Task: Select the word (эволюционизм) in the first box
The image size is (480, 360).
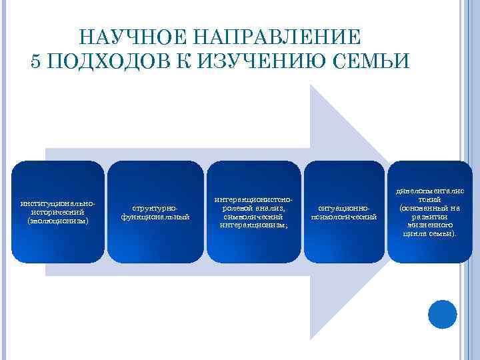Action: tap(58, 220)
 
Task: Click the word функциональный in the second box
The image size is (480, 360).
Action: tap(155, 217)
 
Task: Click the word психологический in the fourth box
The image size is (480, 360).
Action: tap(344, 217)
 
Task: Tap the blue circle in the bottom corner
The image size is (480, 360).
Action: tap(441, 314)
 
